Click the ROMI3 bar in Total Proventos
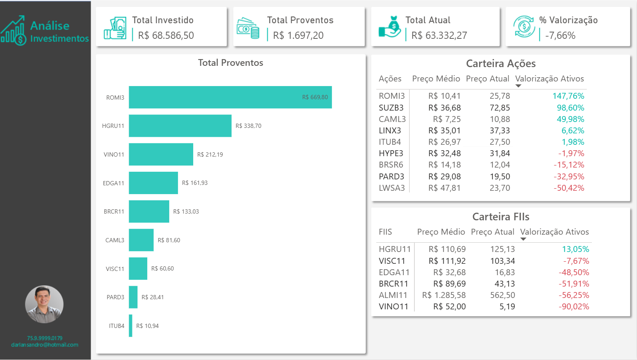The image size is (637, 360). click(x=230, y=97)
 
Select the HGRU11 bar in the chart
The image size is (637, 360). click(x=180, y=126)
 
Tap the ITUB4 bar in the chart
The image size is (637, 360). click(x=131, y=326)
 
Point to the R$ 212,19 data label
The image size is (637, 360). click(x=210, y=154)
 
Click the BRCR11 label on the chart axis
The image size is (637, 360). click(x=114, y=211)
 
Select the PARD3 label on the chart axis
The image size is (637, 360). click(x=115, y=297)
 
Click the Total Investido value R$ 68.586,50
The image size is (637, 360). click(x=166, y=35)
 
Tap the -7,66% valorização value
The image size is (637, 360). click(x=560, y=35)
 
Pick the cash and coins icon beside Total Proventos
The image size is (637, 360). click(x=248, y=28)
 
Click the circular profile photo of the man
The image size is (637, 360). click(x=44, y=304)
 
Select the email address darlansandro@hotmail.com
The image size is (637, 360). click(x=45, y=345)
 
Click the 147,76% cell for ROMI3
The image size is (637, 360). click(x=568, y=96)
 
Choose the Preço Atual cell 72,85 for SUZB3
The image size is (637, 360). click(x=499, y=108)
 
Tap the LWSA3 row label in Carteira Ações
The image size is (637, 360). click(x=391, y=188)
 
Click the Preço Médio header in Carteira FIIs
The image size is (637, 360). click(x=441, y=232)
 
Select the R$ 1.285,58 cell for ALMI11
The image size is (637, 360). click(x=444, y=295)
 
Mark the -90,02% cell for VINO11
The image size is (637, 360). click(x=574, y=306)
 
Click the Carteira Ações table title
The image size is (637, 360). click(x=501, y=63)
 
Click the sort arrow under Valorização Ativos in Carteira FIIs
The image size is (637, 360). click(x=523, y=239)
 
